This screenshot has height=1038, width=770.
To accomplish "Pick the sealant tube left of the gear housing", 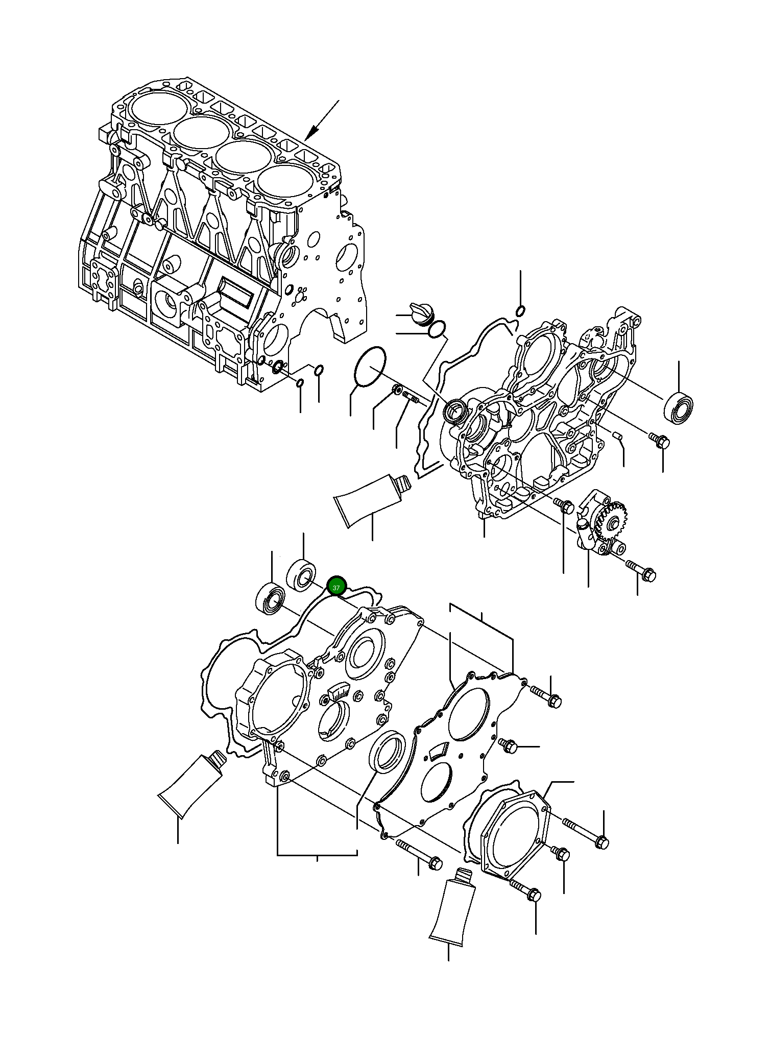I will [x=369, y=498].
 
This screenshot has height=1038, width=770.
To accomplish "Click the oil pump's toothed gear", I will [x=616, y=521].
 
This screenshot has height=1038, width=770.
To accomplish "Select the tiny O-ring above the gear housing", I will [x=520, y=310].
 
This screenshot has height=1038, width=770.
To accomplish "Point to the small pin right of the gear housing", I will [x=617, y=435].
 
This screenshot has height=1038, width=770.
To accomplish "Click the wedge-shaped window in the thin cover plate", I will [x=438, y=750].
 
